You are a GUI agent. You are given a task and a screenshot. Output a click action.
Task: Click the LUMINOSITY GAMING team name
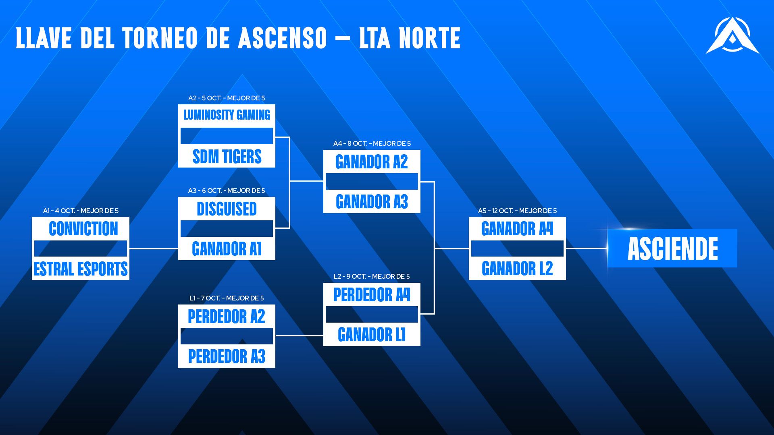(x=227, y=115)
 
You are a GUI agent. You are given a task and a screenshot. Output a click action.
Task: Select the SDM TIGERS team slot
(x=227, y=157)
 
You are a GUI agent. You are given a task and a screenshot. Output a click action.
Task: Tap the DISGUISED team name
(x=227, y=209)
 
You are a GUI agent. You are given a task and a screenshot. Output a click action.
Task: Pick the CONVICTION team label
(x=83, y=229)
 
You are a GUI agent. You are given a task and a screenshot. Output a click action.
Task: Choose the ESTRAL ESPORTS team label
(x=81, y=269)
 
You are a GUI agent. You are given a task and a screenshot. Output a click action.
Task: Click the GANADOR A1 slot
(x=227, y=249)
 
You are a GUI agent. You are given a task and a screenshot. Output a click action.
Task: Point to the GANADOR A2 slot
(x=372, y=162)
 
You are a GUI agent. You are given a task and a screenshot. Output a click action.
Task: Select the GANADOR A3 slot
(x=372, y=202)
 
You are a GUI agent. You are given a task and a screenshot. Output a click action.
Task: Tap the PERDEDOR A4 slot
(x=372, y=295)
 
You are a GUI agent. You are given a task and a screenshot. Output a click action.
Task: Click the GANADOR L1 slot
(x=372, y=335)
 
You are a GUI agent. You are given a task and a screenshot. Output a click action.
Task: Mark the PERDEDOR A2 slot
(x=227, y=317)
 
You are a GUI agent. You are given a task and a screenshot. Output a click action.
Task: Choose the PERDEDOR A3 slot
(x=227, y=356)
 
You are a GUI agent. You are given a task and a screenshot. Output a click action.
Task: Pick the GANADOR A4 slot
(x=517, y=229)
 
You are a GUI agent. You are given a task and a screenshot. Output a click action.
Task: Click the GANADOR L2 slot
(x=517, y=269)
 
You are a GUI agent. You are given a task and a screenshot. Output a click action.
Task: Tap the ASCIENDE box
(x=672, y=249)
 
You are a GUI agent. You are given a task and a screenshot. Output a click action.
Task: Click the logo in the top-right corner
(x=732, y=36)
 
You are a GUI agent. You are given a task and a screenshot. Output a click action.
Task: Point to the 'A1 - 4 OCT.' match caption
(x=81, y=211)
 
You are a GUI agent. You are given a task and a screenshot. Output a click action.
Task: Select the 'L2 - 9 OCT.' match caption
(x=372, y=276)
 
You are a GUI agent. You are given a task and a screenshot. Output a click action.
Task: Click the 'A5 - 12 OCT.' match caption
(x=517, y=211)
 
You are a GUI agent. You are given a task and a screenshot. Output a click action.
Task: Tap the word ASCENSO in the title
(x=282, y=38)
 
